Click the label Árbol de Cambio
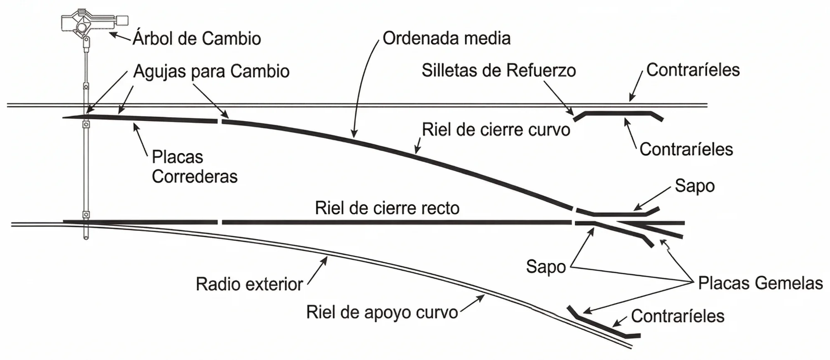coord(197,39)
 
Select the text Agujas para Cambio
coord(211,71)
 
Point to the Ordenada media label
coord(446,38)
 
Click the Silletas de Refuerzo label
coord(498,71)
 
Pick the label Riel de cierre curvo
coord(496,130)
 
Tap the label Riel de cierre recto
coord(387,208)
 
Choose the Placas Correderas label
coord(194,167)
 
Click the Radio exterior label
coord(249,284)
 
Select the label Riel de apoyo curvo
coord(382,312)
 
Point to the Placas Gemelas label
coord(760,283)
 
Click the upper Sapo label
coord(694,186)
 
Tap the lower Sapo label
coord(546,267)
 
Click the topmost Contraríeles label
coord(693,70)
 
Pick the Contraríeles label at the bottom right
coord(677,316)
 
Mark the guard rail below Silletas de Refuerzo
coord(618,113)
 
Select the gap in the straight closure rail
coord(220,223)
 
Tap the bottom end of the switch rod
coord(86,238)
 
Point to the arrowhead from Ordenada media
coord(354,136)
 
